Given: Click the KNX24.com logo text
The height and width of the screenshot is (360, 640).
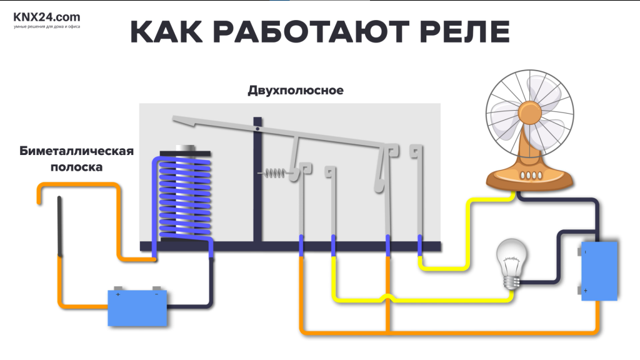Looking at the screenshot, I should pos(47,17).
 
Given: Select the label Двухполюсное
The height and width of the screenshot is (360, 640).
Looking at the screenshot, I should pos(296,91).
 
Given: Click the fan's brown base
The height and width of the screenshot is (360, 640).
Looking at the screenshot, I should pos(529,177).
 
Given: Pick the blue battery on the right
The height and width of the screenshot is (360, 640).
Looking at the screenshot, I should pos(598,270).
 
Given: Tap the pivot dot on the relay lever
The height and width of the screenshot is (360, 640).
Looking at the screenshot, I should pos(257,129).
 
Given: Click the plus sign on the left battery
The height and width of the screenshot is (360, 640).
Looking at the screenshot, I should pos(118,294).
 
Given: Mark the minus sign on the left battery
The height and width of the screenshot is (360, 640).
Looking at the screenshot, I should pos(156,294).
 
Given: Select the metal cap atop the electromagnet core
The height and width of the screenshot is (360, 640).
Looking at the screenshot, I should pos(186,148).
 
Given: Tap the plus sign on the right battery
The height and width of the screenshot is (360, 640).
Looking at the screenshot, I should pos(586,291).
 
